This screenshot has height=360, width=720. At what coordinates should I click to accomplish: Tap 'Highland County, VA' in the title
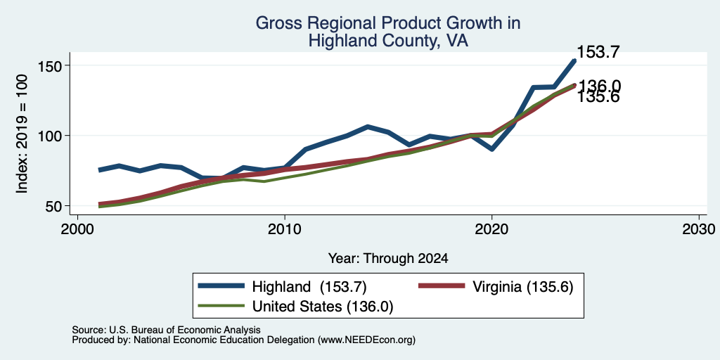(x=388, y=41)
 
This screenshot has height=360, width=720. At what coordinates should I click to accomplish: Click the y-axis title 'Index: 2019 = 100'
(x=22, y=134)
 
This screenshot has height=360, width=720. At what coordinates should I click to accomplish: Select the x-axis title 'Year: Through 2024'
(x=388, y=259)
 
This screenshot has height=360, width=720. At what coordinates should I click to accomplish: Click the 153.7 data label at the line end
(x=598, y=52)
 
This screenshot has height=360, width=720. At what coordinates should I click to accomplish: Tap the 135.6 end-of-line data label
(x=598, y=97)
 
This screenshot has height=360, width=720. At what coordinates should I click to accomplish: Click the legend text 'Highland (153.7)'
(x=309, y=287)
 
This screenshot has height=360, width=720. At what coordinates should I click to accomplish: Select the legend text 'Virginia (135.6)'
(x=522, y=287)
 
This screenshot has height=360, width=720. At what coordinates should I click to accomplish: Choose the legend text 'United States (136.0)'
(x=323, y=307)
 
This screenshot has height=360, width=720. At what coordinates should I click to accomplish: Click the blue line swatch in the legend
(x=221, y=286)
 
